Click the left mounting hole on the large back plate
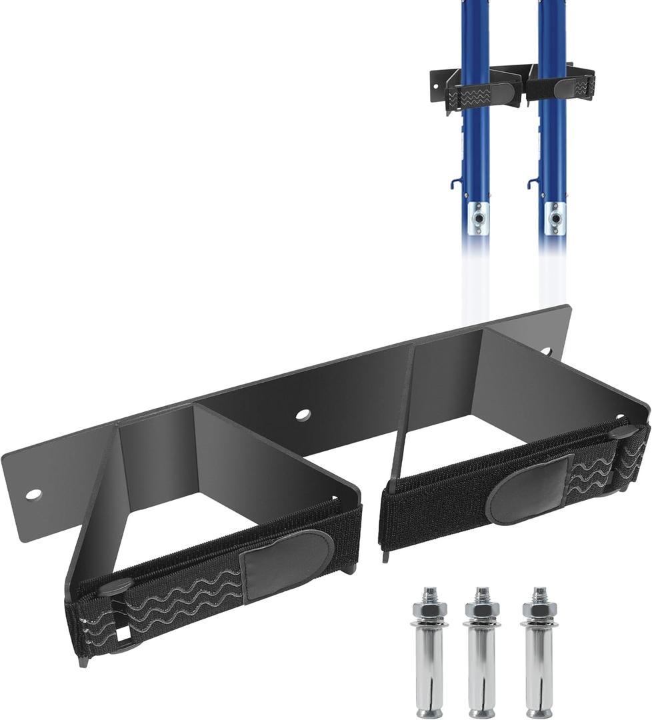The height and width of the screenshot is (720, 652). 33,494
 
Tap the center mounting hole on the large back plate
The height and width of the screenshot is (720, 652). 303,415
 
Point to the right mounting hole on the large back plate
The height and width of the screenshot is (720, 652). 546,351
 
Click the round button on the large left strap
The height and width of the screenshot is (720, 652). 115,586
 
